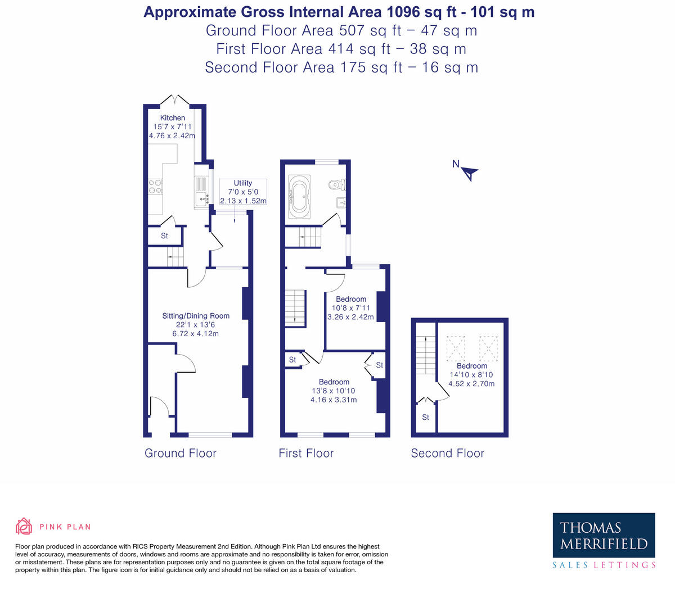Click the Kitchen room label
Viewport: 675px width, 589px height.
pyautogui.click(x=172, y=118)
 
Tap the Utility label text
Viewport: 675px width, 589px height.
pyautogui.click(x=243, y=183)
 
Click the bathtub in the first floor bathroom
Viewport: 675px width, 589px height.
pyautogui.click(x=299, y=196)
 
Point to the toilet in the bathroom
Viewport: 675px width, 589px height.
pyautogui.click(x=336, y=184)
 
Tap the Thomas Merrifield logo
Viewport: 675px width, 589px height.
pyautogui.click(x=604, y=536)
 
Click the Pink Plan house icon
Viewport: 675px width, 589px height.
pyautogui.click(x=24, y=527)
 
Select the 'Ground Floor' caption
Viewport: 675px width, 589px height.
pyautogui.click(x=181, y=454)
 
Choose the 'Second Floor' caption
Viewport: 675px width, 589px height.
pyautogui.click(x=447, y=454)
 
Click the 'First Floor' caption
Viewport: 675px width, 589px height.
pyautogui.click(x=306, y=454)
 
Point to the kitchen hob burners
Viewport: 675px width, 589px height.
pyautogui.click(x=155, y=187)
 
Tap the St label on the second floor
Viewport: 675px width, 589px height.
pyautogui.click(x=425, y=418)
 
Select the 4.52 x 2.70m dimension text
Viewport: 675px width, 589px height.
pyautogui.click(x=471, y=384)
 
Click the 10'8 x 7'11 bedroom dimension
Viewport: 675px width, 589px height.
pyautogui.click(x=350, y=308)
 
